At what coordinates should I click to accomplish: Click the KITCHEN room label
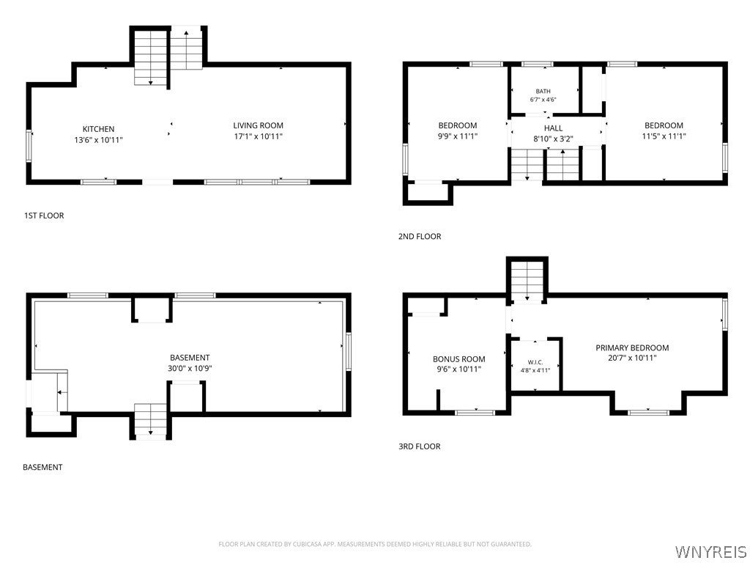(x=99, y=129)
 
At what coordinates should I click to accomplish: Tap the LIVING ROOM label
(x=259, y=125)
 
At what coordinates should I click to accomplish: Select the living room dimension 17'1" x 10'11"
(x=259, y=136)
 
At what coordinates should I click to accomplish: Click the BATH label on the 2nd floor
(x=543, y=91)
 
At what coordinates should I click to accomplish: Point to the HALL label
(x=554, y=128)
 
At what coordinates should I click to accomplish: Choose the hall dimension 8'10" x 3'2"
(x=554, y=139)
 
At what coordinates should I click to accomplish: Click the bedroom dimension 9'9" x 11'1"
(x=458, y=136)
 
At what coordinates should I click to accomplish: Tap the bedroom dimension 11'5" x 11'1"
(x=664, y=136)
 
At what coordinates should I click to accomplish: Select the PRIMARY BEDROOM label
(x=632, y=347)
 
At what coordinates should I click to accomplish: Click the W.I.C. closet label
(x=535, y=362)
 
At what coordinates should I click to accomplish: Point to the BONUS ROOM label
(x=459, y=359)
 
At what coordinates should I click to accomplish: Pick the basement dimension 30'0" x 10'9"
(x=190, y=369)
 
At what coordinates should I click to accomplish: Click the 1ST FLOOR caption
(x=44, y=216)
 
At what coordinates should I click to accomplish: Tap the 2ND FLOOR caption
(x=420, y=236)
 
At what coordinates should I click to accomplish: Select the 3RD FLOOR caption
(x=420, y=446)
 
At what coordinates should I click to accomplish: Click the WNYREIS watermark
(x=710, y=551)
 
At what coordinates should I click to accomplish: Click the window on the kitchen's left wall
(x=29, y=146)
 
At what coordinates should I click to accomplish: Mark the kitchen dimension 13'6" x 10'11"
(x=99, y=140)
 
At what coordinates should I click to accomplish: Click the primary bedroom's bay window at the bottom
(x=648, y=412)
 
